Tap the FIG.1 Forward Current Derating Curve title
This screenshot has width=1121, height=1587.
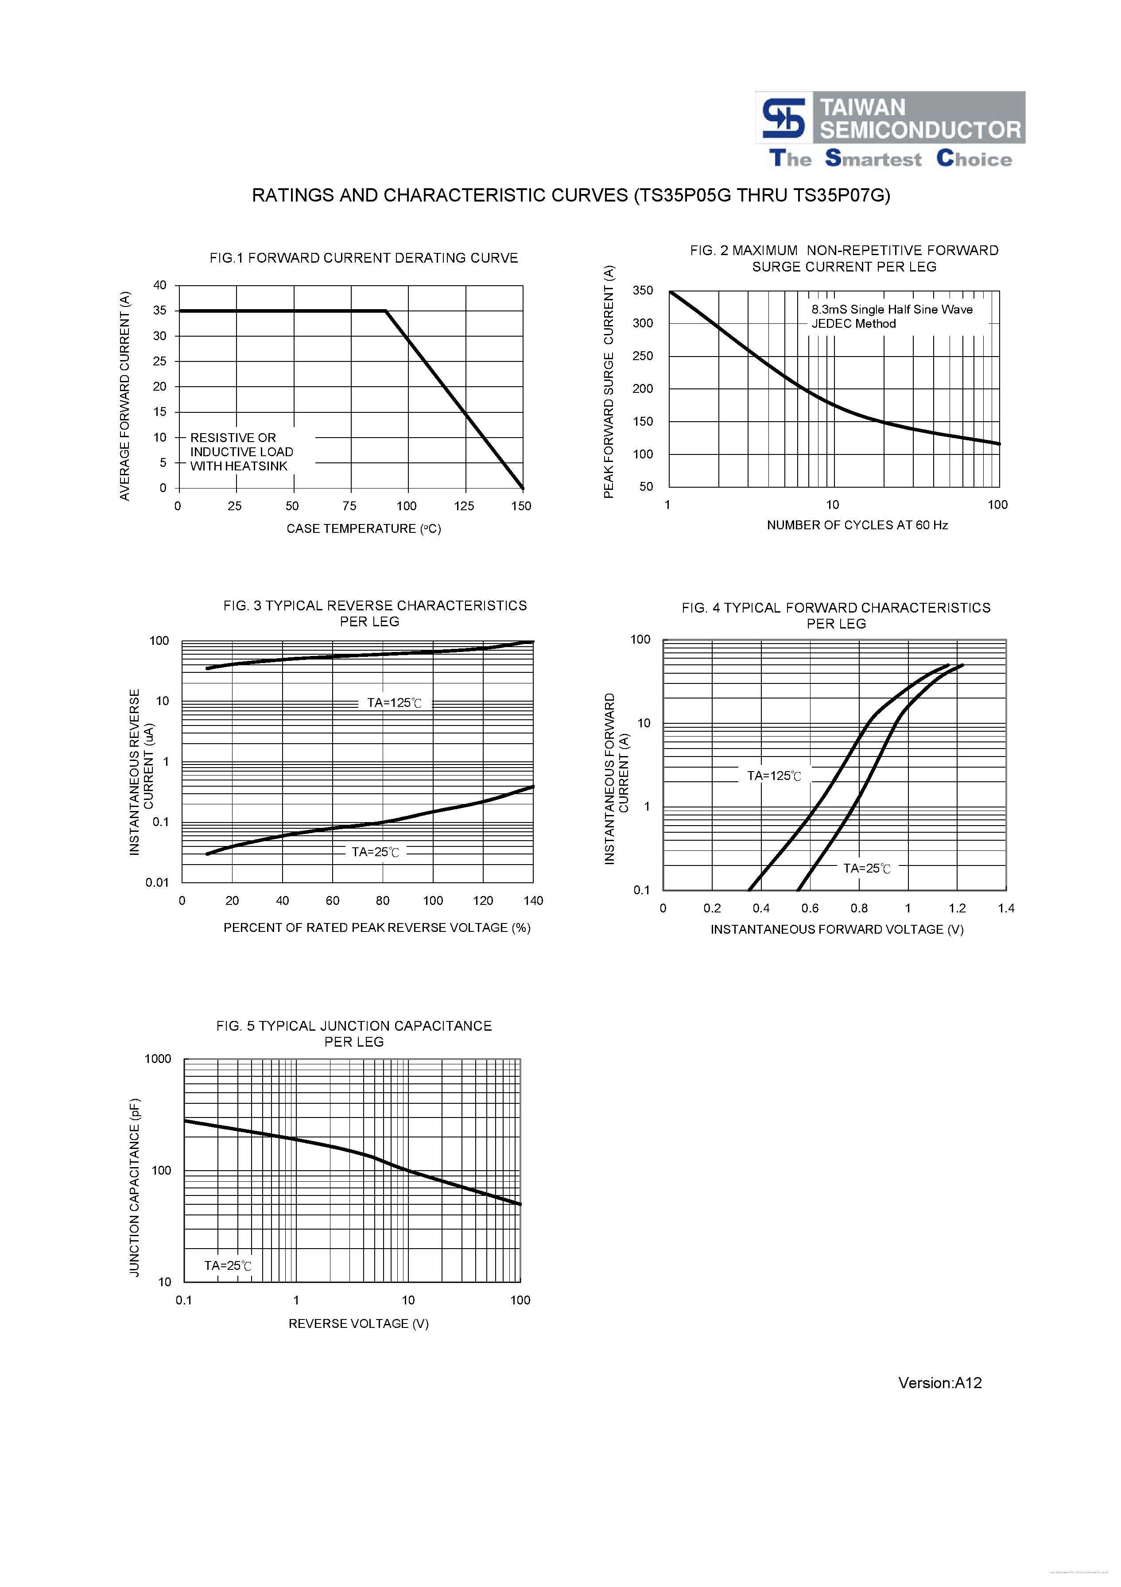pyautogui.click(x=364, y=258)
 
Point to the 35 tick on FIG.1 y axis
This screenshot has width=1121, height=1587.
pyautogui.click(x=159, y=310)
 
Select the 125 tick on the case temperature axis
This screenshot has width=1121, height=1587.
pyautogui.click(x=464, y=506)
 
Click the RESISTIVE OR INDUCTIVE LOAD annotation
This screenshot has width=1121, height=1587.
pyautogui.click(x=241, y=451)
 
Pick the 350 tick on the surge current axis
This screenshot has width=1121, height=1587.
pyautogui.click(x=642, y=290)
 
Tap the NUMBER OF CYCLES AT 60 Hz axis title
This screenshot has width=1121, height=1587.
pyautogui.click(x=857, y=525)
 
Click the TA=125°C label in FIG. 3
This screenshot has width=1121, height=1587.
pyautogui.click(x=394, y=703)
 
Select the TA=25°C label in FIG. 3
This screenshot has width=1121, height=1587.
pyautogui.click(x=375, y=852)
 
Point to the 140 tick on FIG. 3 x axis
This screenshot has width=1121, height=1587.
pyautogui.click(x=533, y=900)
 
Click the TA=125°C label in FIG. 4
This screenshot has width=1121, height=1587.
pyautogui.click(x=774, y=776)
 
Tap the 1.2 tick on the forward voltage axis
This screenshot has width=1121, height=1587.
pyautogui.click(x=957, y=908)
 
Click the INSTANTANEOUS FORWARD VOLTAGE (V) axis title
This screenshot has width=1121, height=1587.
pyautogui.click(x=837, y=930)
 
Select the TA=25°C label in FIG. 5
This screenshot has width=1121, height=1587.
pyautogui.click(x=227, y=1265)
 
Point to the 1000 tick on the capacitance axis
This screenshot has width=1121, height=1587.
pyautogui.click(x=158, y=1059)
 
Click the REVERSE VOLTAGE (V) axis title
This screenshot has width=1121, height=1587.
pyautogui.click(x=359, y=1323)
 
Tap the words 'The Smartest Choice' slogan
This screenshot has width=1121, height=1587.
pyautogui.click(x=890, y=159)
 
